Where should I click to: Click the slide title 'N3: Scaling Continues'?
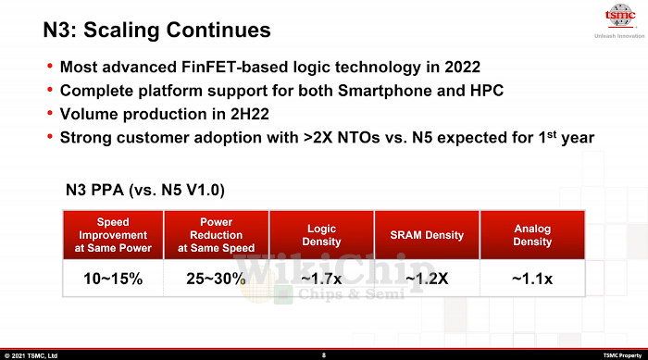click(x=156, y=31)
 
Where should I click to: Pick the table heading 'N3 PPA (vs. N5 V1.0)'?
click(x=143, y=191)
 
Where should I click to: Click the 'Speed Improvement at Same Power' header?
click(x=113, y=235)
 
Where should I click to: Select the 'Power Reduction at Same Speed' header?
click(x=217, y=235)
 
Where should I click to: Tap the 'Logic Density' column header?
click(x=321, y=235)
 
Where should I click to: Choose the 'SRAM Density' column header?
click(x=427, y=235)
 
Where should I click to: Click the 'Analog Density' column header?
click(x=532, y=235)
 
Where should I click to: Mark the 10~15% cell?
click(x=113, y=279)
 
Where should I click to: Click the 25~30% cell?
click(x=217, y=279)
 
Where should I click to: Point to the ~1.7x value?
click(x=321, y=279)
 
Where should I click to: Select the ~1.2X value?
click(x=427, y=279)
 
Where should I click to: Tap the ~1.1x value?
click(x=532, y=279)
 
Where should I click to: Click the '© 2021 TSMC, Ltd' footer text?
click(x=31, y=354)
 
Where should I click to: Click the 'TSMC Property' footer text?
click(x=622, y=354)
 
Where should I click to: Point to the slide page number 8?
click(x=323, y=354)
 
